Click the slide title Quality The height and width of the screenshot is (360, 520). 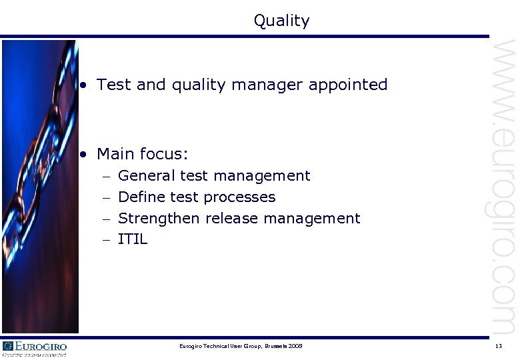[281, 21]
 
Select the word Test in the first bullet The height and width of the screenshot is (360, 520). [113, 85]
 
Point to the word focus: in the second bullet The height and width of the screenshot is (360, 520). [165, 155]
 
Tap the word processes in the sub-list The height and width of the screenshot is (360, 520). [239, 198]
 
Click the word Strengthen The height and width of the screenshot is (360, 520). [159, 219]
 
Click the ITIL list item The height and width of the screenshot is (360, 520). [133, 239]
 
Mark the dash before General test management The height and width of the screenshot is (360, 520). [107, 177]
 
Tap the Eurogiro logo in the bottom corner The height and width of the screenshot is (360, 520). [35, 348]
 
